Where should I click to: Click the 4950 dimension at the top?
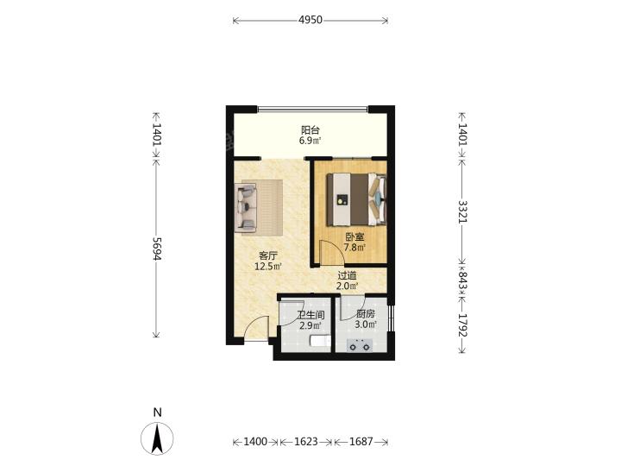coord(310,20)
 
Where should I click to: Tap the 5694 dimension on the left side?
coord(157,249)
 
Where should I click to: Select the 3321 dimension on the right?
coord(462,211)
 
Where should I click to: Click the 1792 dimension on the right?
coord(462,325)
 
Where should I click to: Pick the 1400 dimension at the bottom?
coord(254,442)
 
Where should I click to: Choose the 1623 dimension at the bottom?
coord(305,442)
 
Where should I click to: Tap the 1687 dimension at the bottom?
coord(361,442)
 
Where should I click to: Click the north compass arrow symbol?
coord(157,438)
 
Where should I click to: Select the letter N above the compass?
coord(157,412)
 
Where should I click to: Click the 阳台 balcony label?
coord(310,130)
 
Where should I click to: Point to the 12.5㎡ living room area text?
coord(268,267)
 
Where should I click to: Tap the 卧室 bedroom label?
coord(354,237)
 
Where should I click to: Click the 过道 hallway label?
coord(348,275)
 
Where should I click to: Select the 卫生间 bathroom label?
coord(311,315)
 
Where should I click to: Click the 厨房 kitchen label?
coord(365,314)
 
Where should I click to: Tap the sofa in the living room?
coord(246,207)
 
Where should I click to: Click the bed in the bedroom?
coord(356,199)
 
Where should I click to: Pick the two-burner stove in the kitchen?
coord(360,345)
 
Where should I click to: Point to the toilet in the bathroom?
coord(320,342)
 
